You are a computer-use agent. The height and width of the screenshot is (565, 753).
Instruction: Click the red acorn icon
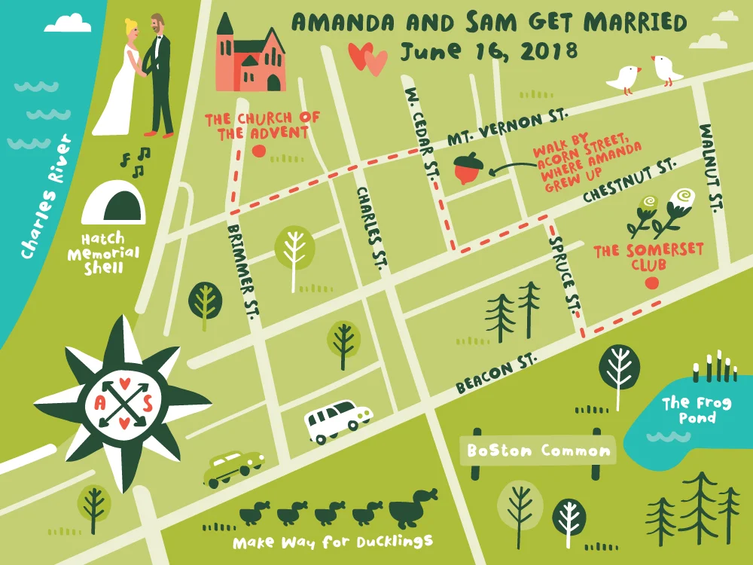[468, 169]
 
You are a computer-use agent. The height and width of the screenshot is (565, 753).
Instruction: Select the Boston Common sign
[538, 451]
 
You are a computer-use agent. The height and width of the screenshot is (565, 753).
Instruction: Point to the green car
[233, 467]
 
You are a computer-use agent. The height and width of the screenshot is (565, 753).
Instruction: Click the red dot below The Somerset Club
[652, 283]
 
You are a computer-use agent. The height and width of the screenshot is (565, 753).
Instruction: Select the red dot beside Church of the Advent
[259, 151]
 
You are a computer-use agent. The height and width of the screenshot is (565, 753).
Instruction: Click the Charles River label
[46, 197]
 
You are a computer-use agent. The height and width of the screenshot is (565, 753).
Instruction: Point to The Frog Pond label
[696, 410]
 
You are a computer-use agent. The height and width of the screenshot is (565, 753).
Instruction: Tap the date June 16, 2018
[489, 51]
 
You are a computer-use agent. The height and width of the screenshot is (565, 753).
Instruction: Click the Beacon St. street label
[495, 374]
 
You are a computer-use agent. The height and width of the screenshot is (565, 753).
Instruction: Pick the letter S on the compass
[148, 404]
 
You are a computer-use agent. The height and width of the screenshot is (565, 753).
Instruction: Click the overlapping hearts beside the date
[367, 57]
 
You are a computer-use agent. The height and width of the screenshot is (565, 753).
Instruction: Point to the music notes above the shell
[136, 157]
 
